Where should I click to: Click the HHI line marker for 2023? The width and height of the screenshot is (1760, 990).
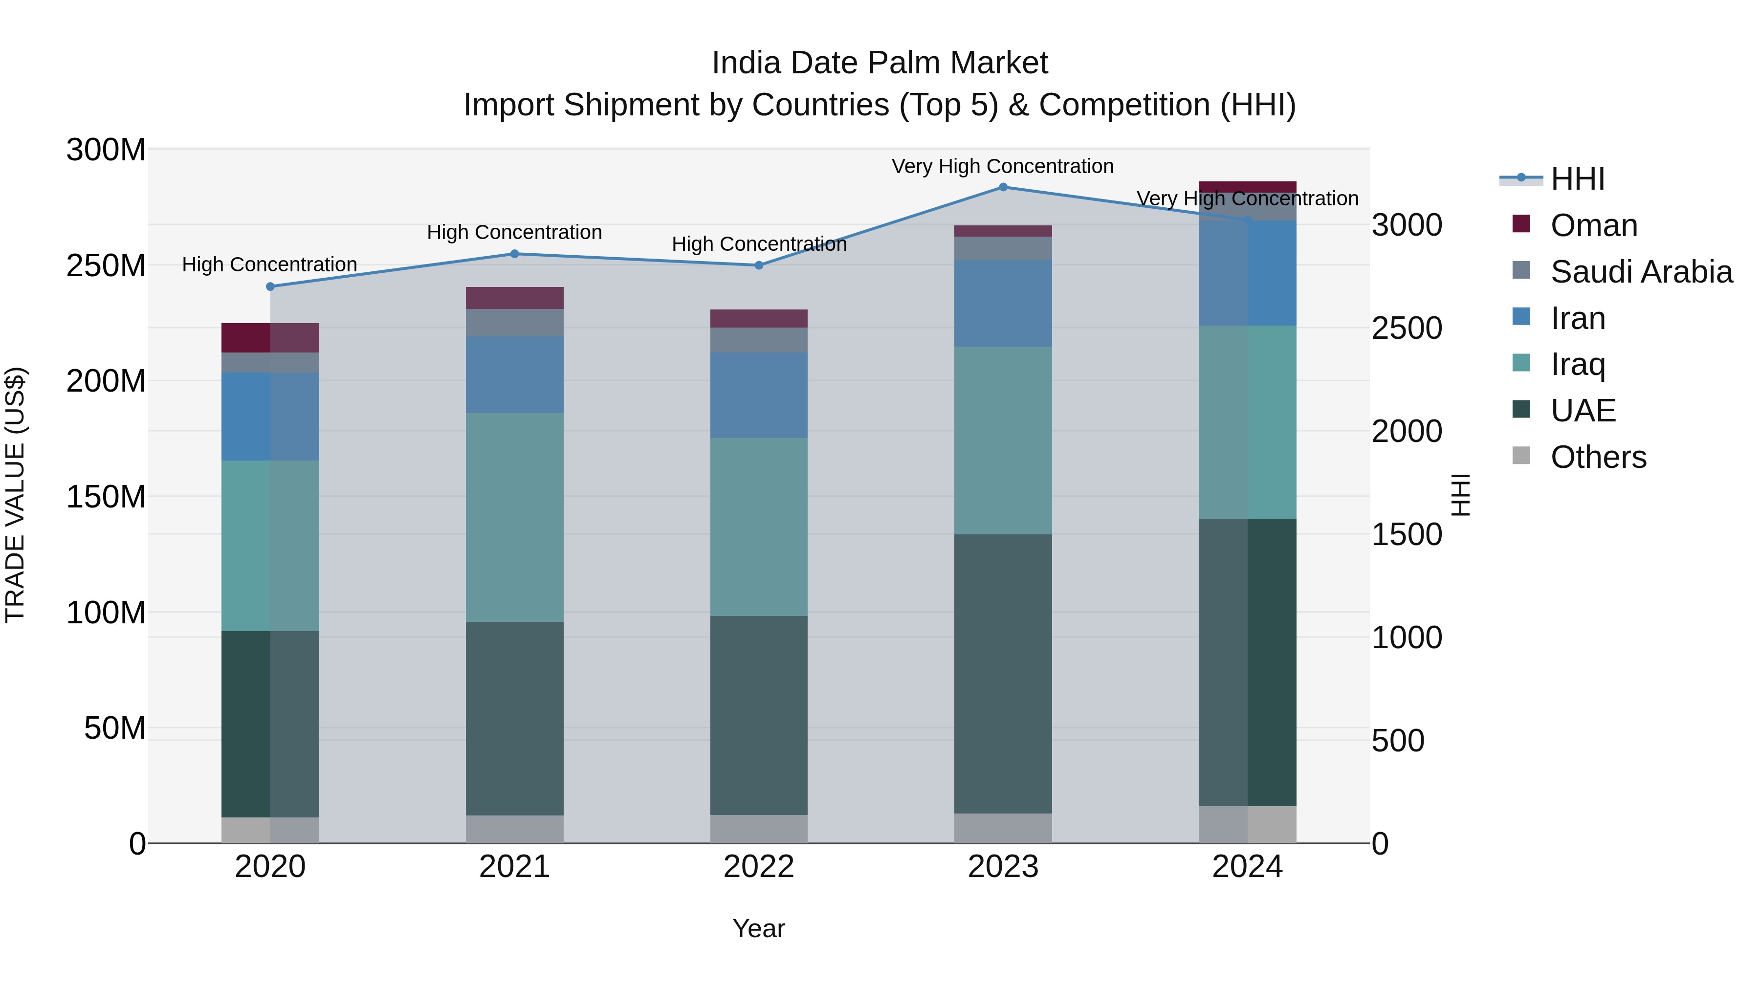tap(1003, 187)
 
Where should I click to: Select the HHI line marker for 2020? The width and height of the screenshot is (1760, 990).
tap(270, 287)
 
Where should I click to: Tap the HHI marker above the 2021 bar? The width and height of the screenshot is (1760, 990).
tap(514, 254)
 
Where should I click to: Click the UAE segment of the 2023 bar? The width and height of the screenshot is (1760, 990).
tap(1003, 673)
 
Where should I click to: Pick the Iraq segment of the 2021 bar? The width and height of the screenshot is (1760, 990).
tap(514, 517)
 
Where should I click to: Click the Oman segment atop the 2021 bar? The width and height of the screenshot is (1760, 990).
tap(514, 298)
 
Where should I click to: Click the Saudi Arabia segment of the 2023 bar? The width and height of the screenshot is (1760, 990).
tap(1003, 248)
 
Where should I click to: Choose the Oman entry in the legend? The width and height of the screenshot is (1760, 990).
tap(1593, 225)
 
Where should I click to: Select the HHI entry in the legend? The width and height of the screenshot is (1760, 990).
tap(1577, 179)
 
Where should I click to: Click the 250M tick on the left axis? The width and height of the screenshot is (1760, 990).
tap(106, 265)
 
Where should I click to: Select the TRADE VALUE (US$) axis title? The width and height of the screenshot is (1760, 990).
tap(15, 495)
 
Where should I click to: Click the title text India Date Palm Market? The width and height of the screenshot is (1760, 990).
tap(880, 63)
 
